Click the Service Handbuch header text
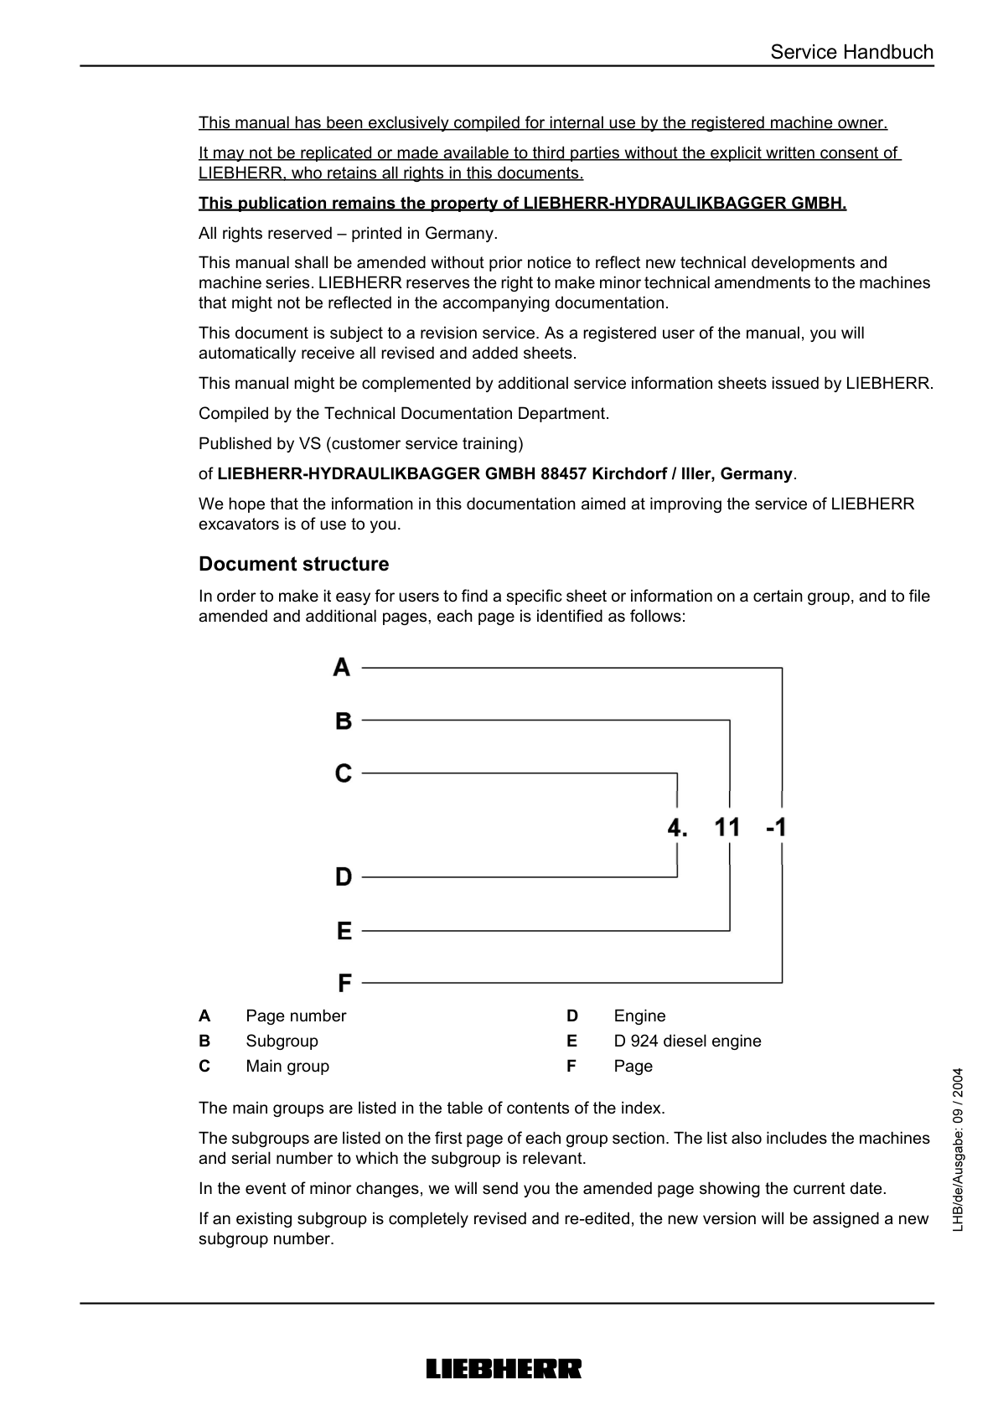coord(851,52)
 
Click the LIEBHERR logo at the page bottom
coord(504,1369)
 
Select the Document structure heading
coord(293,564)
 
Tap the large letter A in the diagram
coord(342,668)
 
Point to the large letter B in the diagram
coord(344,721)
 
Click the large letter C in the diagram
coord(344,773)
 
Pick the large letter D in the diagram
coord(344,877)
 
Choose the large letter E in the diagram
coord(344,931)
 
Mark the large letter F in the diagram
coord(344,982)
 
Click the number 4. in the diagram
coord(677,828)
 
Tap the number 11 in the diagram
coord(727,828)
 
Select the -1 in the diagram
coord(776,828)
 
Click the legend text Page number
coord(296,1016)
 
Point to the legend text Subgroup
coord(282,1041)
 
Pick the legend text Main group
coord(287,1066)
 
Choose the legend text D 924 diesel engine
coord(687,1041)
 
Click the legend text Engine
coord(639,1016)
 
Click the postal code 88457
coord(564,473)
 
